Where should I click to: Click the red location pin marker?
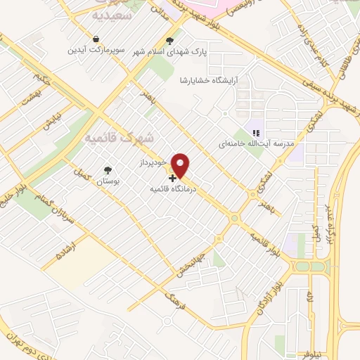click(x=181, y=165)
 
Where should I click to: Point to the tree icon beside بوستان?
click(x=107, y=170)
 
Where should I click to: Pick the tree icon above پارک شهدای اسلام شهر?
click(x=169, y=39)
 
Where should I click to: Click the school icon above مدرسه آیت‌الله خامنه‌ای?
click(x=257, y=131)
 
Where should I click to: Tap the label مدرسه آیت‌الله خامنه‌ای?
click(x=257, y=143)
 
